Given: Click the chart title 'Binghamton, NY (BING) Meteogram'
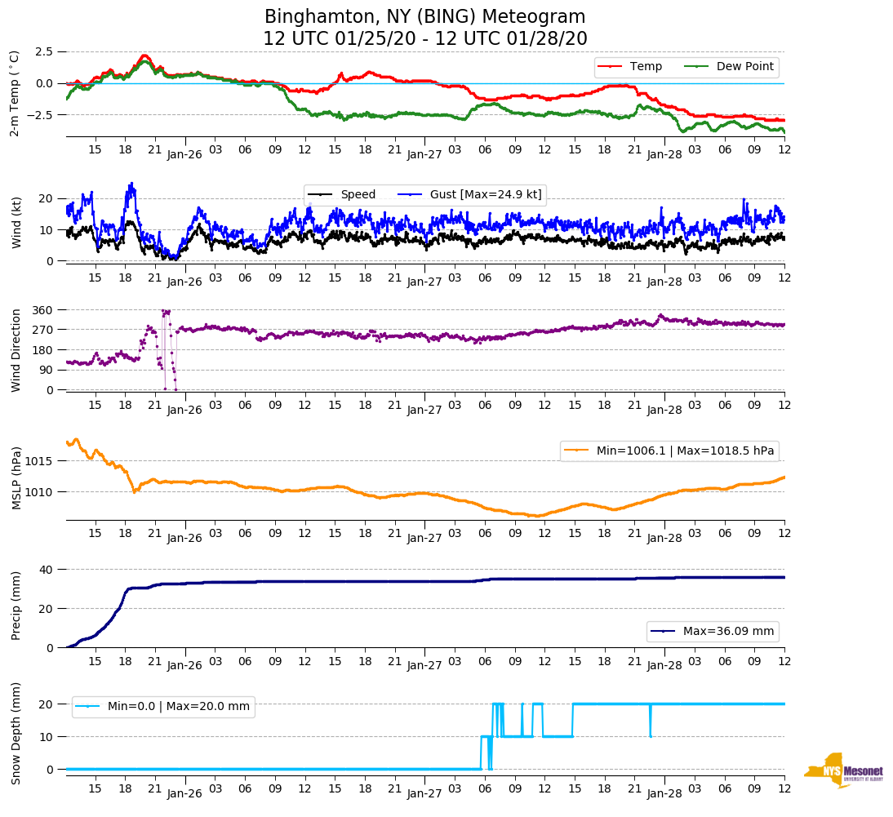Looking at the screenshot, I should click(x=424, y=16).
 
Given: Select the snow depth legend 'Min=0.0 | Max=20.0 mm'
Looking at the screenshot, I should click(x=178, y=706).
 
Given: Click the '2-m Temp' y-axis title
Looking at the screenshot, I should click(x=15, y=93).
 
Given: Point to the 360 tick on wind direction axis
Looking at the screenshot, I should click(x=43, y=310).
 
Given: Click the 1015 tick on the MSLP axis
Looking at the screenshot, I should click(x=40, y=461).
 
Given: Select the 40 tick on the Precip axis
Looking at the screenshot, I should click(x=47, y=569).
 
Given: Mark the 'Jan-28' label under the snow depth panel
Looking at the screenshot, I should click(x=664, y=793).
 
